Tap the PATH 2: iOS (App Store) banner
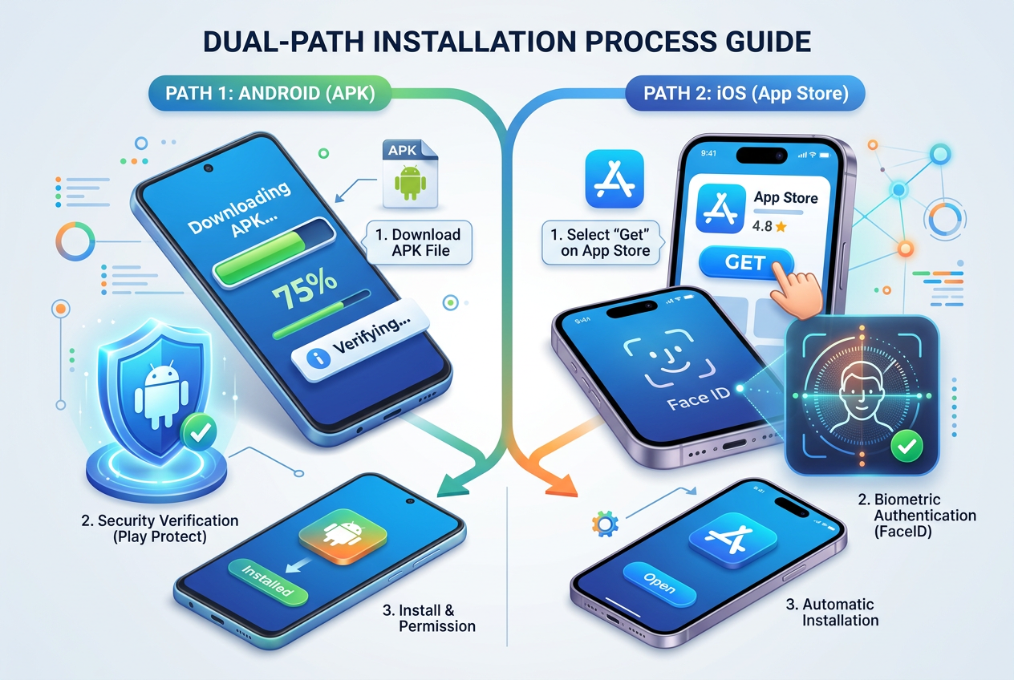pos(745,93)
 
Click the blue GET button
pos(745,262)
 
